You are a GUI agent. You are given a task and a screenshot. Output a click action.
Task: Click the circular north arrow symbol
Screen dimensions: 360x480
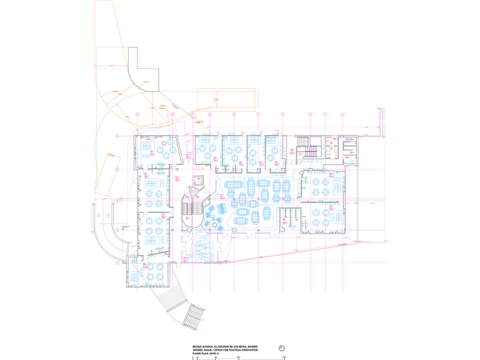click(282, 347)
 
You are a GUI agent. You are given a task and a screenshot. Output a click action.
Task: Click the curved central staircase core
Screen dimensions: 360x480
click(192, 206)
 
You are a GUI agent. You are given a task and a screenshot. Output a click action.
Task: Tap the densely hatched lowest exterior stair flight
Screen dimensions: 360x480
click(193, 318)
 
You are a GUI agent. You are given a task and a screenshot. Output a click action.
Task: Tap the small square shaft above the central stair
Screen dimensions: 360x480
click(198, 171)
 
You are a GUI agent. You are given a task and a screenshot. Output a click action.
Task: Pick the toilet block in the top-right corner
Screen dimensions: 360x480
click(350, 148)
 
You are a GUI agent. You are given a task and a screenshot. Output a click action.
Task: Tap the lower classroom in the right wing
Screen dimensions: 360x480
click(323, 215)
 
